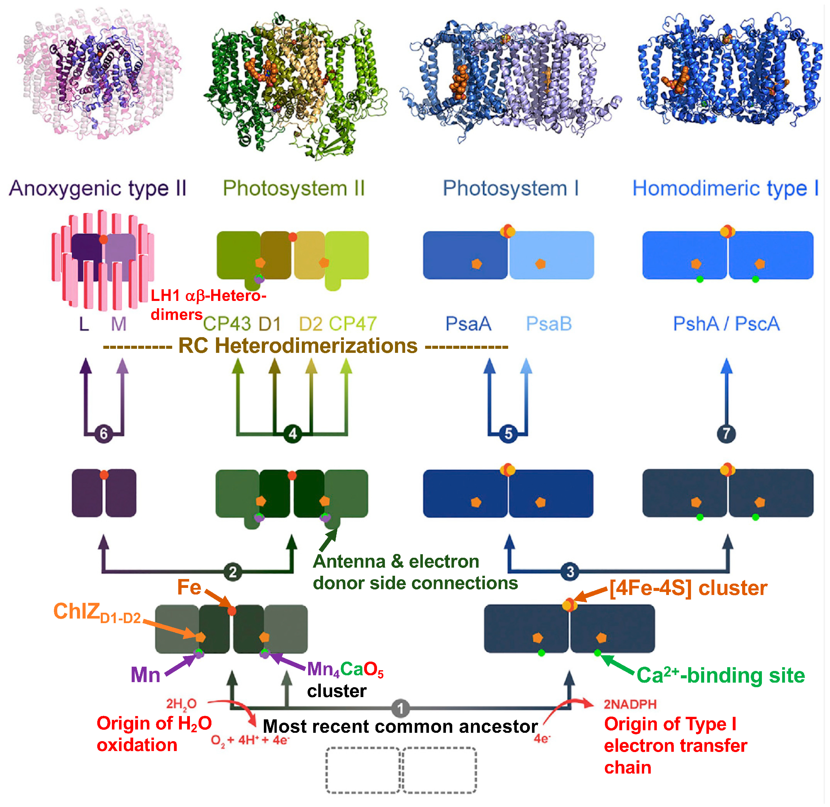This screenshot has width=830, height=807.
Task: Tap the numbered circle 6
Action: (x=103, y=434)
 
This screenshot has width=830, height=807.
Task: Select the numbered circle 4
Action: (x=292, y=434)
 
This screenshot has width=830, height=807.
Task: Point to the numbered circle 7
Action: (x=726, y=434)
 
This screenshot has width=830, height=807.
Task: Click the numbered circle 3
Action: (x=570, y=571)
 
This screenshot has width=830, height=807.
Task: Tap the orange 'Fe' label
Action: (x=189, y=587)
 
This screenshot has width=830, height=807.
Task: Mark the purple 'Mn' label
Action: (x=145, y=675)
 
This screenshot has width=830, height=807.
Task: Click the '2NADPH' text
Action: (x=630, y=704)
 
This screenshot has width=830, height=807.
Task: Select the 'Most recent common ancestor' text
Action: (x=400, y=726)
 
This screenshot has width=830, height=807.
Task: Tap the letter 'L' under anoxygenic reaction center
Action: (x=84, y=324)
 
